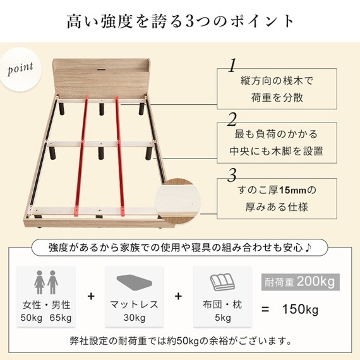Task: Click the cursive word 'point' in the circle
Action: pyautogui.click(x=20, y=68)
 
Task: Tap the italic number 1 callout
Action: pyautogui.click(x=233, y=65)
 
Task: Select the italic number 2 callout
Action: pyautogui.click(x=232, y=120)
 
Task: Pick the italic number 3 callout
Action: pyautogui.click(x=232, y=175)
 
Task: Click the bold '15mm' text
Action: pyautogui.click(x=292, y=190)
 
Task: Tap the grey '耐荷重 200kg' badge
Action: pyautogui.click(x=300, y=282)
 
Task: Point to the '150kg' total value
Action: pyautogui.click(x=300, y=309)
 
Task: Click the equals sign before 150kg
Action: pyautogui.click(x=265, y=309)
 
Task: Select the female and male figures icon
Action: pyautogui.click(x=46, y=282)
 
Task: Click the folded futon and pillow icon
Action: pyautogui.click(x=222, y=282)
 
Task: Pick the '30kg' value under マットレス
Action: pyautogui.click(x=135, y=318)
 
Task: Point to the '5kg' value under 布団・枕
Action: pyautogui.click(x=223, y=318)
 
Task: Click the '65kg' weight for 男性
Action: pyautogui.click(x=61, y=318)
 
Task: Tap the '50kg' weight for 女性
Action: pyautogui.click(x=31, y=318)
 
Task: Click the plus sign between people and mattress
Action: pyautogui.click(x=91, y=296)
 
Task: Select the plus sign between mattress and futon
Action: pyautogui.click(x=178, y=296)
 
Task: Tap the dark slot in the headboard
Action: pyautogui.click(x=101, y=69)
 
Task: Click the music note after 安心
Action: pyautogui.click(x=308, y=248)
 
